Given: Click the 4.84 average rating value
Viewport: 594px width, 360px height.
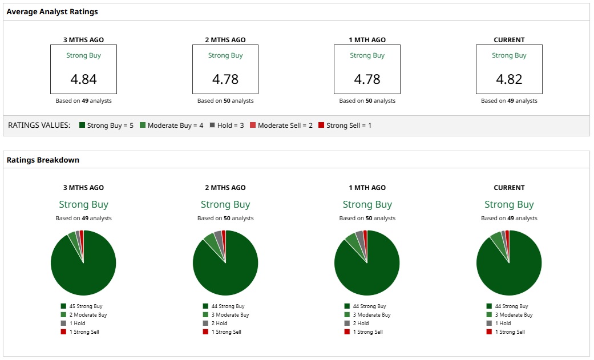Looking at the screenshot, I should pyautogui.click(x=83, y=79).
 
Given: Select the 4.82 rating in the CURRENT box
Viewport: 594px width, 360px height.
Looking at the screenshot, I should pyautogui.click(x=509, y=79).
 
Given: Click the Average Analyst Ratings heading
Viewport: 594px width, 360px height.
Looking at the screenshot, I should pyautogui.click(x=52, y=11).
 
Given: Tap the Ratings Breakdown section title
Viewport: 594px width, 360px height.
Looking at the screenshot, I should pyautogui.click(x=43, y=160).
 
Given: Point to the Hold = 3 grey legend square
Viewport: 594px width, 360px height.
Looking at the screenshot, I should pyautogui.click(x=213, y=125).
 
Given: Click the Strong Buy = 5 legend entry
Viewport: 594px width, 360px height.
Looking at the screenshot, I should pyautogui.click(x=107, y=125).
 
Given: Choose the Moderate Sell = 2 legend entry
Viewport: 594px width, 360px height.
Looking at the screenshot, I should pyautogui.click(x=281, y=125).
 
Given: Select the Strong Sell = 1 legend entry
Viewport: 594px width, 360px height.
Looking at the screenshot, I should pyautogui.click(x=345, y=125).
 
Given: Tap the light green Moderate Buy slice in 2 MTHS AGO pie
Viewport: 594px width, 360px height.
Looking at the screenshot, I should pyautogui.click(x=210, y=241).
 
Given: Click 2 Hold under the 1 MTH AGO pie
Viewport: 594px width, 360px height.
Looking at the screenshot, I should pyautogui.click(x=361, y=323).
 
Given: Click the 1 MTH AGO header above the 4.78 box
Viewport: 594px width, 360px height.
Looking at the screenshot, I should pyautogui.click(x=367, y=40).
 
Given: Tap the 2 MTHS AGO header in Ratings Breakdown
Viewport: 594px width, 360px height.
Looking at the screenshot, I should pyautogui.click(x=225, y=188).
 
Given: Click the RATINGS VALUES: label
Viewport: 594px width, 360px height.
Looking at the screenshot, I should pyautogui.click(x=39, y=125).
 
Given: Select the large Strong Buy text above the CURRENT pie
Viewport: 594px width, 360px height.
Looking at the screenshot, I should pyautogui.click(x=509, y=204).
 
